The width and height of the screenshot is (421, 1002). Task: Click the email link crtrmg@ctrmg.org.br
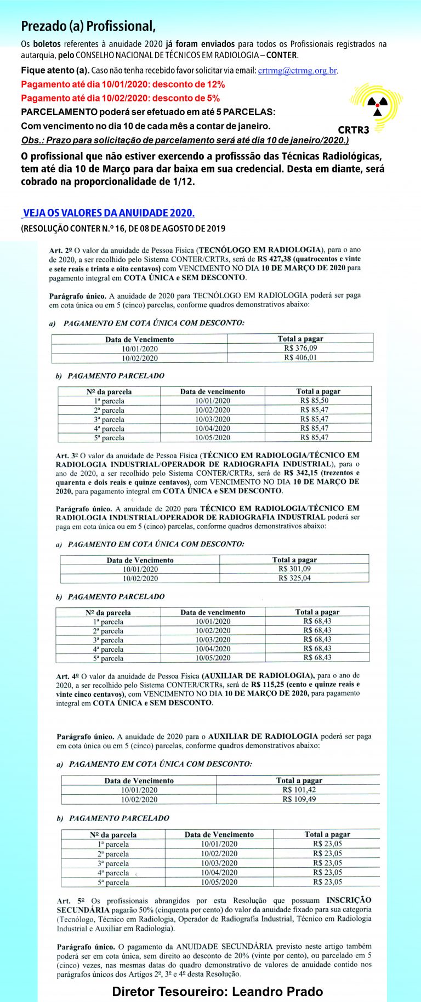(x=297, y=71)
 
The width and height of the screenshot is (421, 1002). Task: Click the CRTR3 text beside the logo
(x=354, y=130)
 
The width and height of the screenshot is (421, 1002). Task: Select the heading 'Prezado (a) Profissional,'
(x=88, y=26)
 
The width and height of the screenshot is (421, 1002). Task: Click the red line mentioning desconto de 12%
(x=123, y=84)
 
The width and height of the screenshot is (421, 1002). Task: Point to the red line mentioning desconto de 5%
(x=121, y=98)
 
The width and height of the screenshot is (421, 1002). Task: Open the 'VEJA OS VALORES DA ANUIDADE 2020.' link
(x=109, y=213)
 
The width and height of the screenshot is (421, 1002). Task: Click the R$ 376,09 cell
(x=300, y=348)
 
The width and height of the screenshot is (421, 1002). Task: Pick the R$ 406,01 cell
(x=300, y=357)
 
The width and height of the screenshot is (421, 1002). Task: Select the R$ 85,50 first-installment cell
(x=314, y=401)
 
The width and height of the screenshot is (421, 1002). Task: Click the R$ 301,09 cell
(x=294, y=569)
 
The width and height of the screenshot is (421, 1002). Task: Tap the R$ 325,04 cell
(x=294, y=578)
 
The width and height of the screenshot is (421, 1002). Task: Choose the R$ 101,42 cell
(x=299, y=790)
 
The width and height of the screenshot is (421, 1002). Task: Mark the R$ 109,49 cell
(x=299, y=799)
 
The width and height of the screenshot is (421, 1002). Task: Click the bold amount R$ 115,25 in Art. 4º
(x=267, y=685)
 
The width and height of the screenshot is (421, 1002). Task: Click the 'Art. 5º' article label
(x=71, y=901)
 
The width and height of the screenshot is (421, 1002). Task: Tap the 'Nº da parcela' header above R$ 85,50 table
(x=109, y=392)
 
